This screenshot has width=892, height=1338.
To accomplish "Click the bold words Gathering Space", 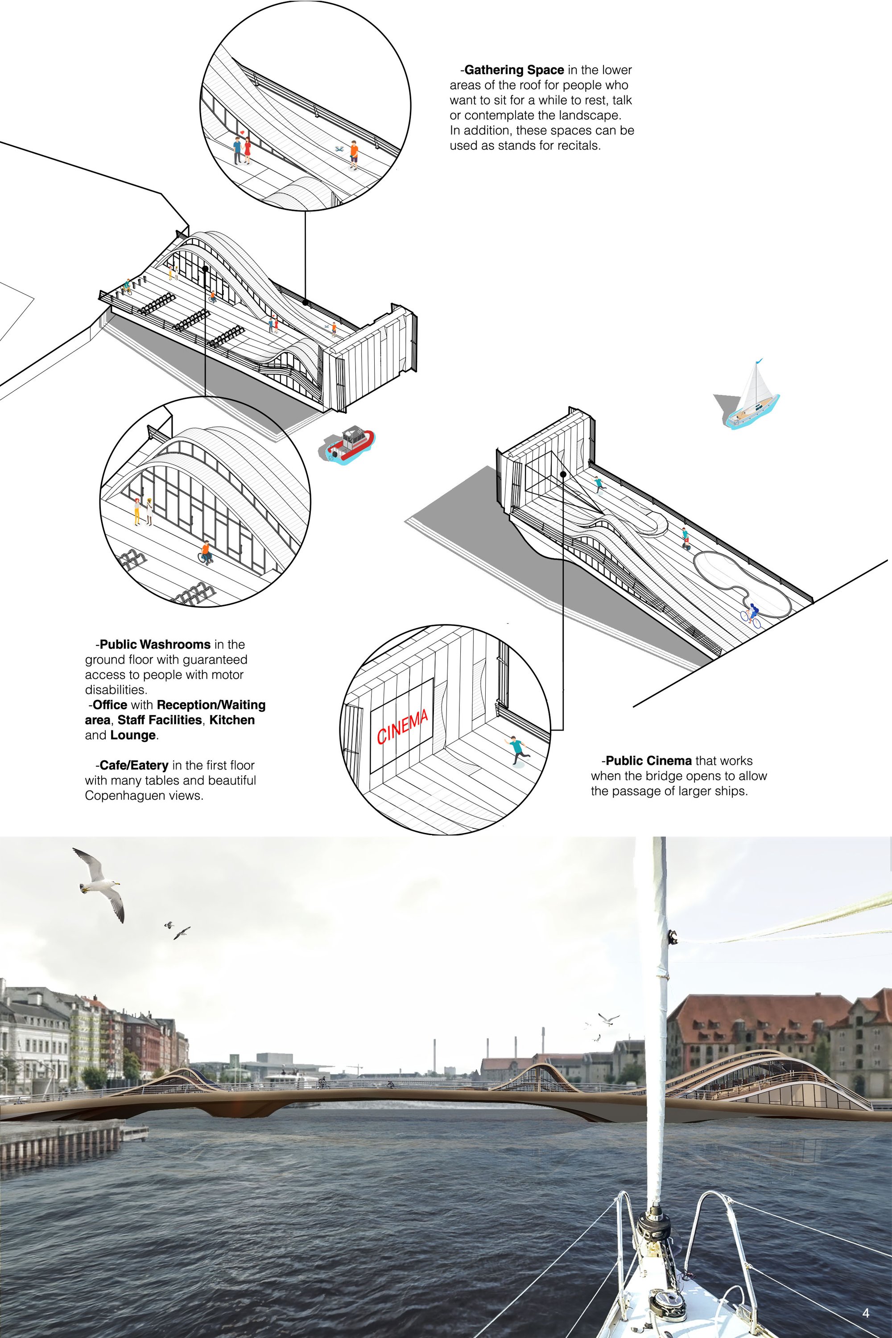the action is click(514, 70).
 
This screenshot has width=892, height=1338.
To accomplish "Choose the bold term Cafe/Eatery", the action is click(134, 765).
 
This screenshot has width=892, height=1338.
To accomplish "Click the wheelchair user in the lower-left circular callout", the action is click(205, 552).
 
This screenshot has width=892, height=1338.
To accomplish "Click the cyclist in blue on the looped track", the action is click(752, 613).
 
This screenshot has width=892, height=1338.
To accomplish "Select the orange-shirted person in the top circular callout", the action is click(354, 155).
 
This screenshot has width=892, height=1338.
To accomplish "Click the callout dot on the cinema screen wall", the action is click(562, 473).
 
